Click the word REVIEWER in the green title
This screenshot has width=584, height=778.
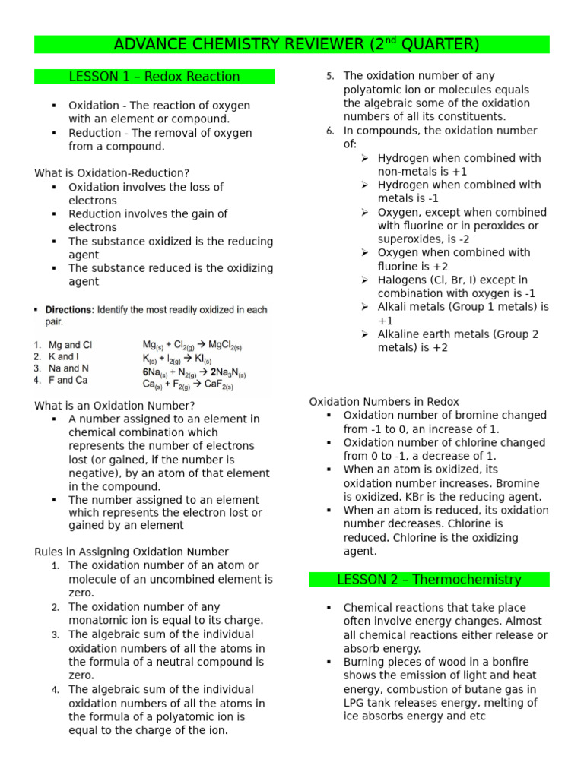(317, 45)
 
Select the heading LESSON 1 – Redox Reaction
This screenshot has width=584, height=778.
(154, 77)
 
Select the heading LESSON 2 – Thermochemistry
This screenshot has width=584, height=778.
(429, 580)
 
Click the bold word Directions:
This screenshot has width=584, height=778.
(70, 310)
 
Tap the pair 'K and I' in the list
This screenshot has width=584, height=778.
(63, 356)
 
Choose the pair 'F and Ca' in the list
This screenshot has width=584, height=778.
(68, 380)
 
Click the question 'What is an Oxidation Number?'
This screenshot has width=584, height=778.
(114, 406)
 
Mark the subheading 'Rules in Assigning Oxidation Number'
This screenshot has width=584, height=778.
(132, 552)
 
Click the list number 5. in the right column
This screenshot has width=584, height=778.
(330, 76)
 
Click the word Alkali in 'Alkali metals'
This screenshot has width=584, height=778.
(394, 307)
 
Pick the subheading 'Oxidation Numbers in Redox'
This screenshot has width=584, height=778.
(384, 401)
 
